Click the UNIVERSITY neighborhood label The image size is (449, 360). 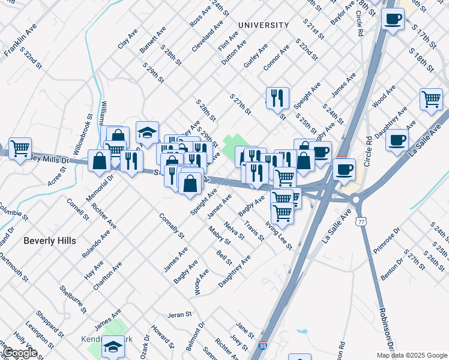pos(263,25)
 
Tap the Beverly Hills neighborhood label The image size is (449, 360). pos(50,240)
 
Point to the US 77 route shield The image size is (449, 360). pos(361,222)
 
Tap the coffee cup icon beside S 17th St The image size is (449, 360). pos(393,19)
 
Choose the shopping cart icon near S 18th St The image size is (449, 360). pos(431,100)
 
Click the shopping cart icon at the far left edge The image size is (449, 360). pos(20,148)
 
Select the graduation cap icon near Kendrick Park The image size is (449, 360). pos(112,346)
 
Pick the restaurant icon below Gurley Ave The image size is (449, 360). pos(277,98)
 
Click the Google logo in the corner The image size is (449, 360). pos(19,353)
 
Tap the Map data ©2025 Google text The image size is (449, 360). pos(412,355)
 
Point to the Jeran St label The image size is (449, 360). pos(179,314)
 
